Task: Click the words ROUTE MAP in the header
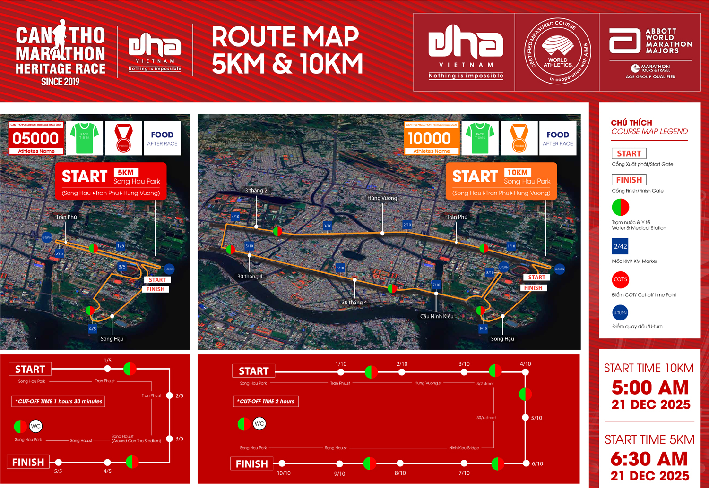(285, 37)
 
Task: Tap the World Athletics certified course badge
(558, 51)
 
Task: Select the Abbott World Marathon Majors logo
(650, 52)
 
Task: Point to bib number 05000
(36, 138)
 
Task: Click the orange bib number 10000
(430, 138)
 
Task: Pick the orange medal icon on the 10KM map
(519, 138)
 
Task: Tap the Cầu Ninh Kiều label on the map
(437, 316)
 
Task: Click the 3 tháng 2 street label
(256, 191)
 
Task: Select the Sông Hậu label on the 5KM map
(112, 338)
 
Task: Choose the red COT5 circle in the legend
(620, 279)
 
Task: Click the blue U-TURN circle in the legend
(620, 312)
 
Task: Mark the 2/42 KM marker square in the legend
(620, 246)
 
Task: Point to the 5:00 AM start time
(650, 387)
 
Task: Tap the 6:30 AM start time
(649, 459)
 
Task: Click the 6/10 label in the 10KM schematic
(537, 464)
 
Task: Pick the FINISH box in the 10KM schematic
(252, 464)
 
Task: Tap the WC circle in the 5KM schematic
(36, 426)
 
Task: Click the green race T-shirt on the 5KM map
(85, 138)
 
